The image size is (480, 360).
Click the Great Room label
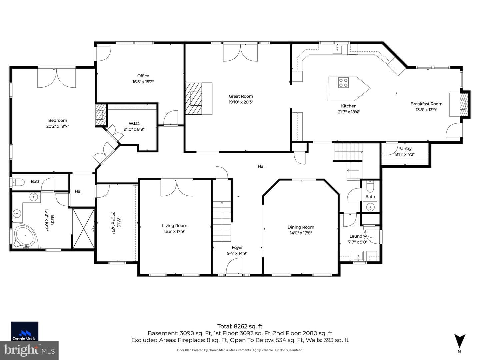coord(241,96)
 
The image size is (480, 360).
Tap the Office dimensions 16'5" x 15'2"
coord(143,82)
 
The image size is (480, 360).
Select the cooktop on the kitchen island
coord(343,83)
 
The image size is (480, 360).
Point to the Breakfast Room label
coord(426,104)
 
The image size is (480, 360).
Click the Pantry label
coord(405,148)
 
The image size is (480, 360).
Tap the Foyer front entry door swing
coord(234,266)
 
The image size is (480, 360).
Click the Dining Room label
coord(301,227)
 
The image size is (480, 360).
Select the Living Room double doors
coord(177,188)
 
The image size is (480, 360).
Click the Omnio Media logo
coord(24,331)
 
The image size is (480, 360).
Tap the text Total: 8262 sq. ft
coord(240,326)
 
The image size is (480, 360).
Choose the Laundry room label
coord(358,236)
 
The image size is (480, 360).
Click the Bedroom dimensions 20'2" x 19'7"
coord(58,126)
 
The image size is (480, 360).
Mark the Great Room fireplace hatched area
coord(194,98)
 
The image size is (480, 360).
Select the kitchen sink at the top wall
coord(337,49)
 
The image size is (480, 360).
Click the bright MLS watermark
coord(29,350)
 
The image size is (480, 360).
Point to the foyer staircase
coord(222,221)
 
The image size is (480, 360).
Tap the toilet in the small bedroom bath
coord(18,182)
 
